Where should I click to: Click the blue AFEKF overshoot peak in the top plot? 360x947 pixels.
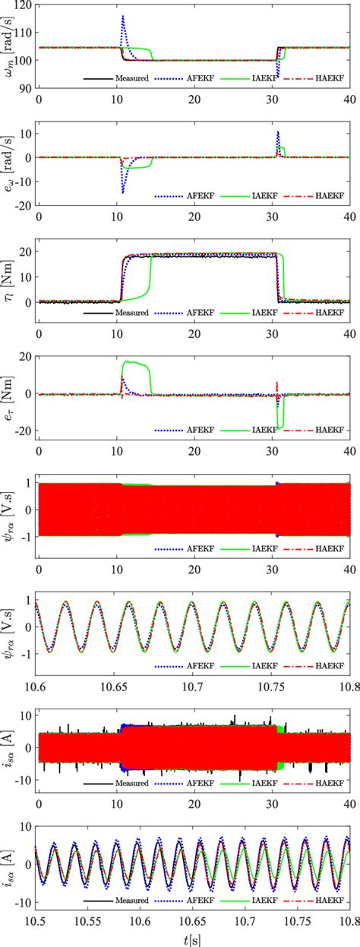tap(122, 17)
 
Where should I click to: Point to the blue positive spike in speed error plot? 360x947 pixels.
tap(278, 134)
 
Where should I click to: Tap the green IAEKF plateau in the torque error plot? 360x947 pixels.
tap(137, 363)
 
